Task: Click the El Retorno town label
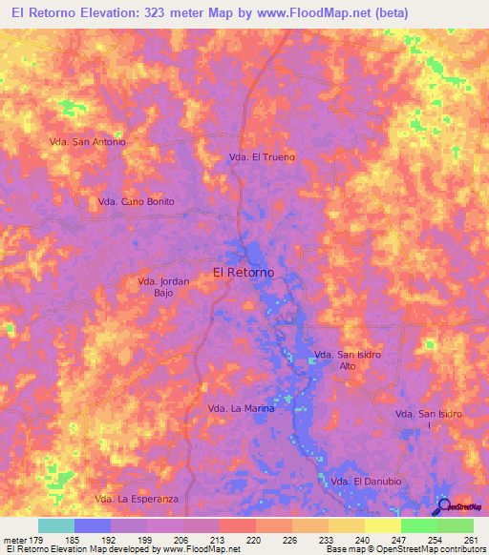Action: pos(244,272)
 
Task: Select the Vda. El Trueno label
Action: pos(261,156)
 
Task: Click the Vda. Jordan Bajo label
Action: pos(164,287)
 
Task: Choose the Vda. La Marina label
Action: pos(241,408)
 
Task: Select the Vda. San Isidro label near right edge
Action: pos(429,414)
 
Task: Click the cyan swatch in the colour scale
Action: pos(55,525)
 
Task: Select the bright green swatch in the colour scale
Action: pos(418,525)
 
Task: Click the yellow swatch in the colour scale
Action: pos(382,525)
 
